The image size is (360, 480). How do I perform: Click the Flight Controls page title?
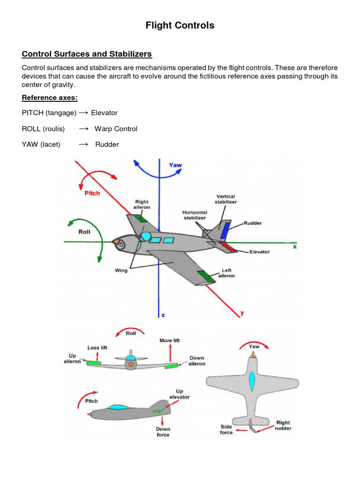click(x=180, y=25)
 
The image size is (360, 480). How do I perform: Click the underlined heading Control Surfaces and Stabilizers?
click(x=87, y=54)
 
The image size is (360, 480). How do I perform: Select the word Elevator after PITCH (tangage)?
click(x=104, y=113)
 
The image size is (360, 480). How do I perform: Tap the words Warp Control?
click(x=116, y=128)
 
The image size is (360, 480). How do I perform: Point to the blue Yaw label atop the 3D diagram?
click(x=176, y=165)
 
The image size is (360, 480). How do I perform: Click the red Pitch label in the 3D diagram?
click(x=92, y=193)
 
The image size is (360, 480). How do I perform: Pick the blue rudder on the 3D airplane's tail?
click(x=226, y=231)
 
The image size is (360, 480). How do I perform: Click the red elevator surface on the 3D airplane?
click(x=227, y=246)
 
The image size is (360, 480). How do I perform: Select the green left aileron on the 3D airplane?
click(x=206, y=277)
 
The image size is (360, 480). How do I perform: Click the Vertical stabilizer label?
click(x=226, y=199)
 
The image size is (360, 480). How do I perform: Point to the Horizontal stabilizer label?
click(x=195, y=215)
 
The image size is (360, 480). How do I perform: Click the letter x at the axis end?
click(x=294, y=246)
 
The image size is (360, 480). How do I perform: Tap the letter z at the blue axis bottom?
click(x=163, y=315)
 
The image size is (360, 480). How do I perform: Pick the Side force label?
click(x=226, y=429)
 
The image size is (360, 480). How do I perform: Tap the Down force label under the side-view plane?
click(x=163, y=432)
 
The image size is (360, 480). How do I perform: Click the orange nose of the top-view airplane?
click(x=253, y=355)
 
